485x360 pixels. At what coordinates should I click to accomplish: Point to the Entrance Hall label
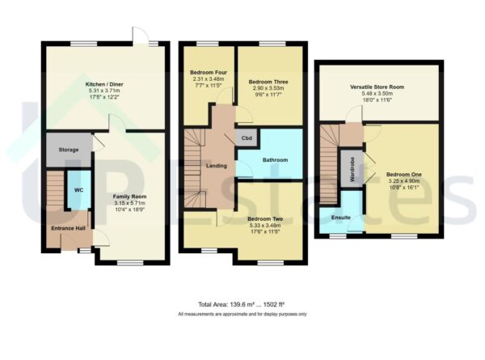click(67, 229)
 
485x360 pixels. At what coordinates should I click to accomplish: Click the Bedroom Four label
click(206, 72)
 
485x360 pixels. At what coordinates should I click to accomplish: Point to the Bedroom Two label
click(264, 218)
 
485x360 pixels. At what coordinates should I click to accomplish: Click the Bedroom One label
click(402, 175)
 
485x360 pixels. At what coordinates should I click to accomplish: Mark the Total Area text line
click(242, 304)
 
